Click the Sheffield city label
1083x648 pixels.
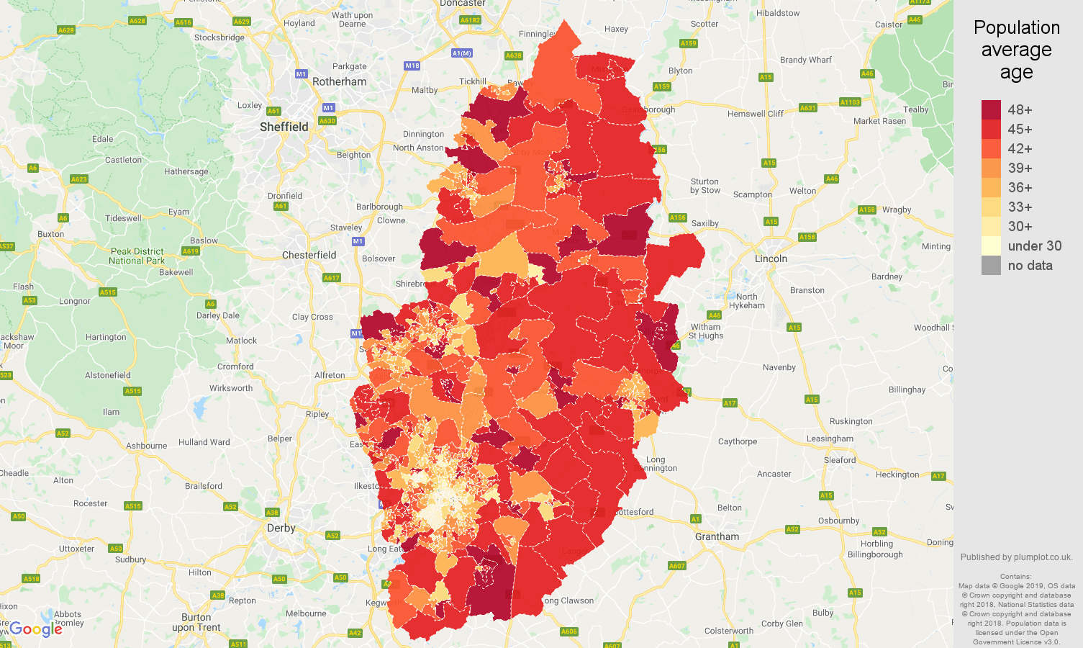[x=284, y=127]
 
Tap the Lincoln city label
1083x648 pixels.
[x=771, y=258]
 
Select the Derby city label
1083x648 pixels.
[x=281, y=528]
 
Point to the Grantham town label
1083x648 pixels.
[x=717, y=536]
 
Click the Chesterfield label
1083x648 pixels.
[x=309, y=255]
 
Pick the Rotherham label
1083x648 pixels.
[x=339, y=81]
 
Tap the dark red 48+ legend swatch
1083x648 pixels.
[x=991, y=109]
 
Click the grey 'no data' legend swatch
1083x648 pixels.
[x=991, y=265]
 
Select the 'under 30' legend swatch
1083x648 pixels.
[x=991, y=246]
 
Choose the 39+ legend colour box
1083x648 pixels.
[x=991, y=168]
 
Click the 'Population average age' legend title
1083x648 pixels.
[x=1016, y=50]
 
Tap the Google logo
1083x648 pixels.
[x=36, y=629]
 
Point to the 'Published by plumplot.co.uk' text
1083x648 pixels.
[x=1016, y=557]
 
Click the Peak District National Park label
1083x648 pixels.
[x=137, y=256]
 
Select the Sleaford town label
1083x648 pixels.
[x=839, y=460]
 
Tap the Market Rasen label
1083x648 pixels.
[x=879, y=121]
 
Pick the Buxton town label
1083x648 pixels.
[x=50, y=234]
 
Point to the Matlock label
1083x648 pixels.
[x=241, y=341]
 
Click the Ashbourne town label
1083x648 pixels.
[x=146, y=446]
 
